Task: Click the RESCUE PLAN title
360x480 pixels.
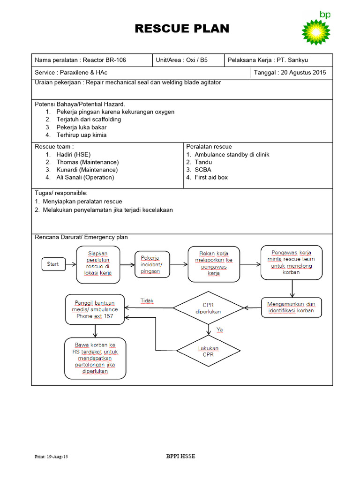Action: pos(182,29)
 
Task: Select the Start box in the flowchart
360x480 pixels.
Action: pos(53,264)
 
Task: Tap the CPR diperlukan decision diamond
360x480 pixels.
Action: pos(209,307)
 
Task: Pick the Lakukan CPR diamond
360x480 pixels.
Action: pos(208,351)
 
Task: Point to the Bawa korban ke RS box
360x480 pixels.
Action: pos(96,358)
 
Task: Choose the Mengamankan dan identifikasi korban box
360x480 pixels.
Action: pos(292,307)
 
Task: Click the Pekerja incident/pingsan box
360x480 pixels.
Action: pos(150,264)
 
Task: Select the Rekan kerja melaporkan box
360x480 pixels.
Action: pos(213,263)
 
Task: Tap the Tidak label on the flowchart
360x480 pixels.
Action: pos(147,300)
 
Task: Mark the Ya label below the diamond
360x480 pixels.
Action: pos(219,330)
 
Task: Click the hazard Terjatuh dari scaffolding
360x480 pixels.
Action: pos(89,120)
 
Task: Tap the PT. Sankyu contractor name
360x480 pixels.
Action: pos(292,60)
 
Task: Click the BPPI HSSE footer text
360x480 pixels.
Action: pos(181,456)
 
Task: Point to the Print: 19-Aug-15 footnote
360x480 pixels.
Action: pos(52,457)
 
